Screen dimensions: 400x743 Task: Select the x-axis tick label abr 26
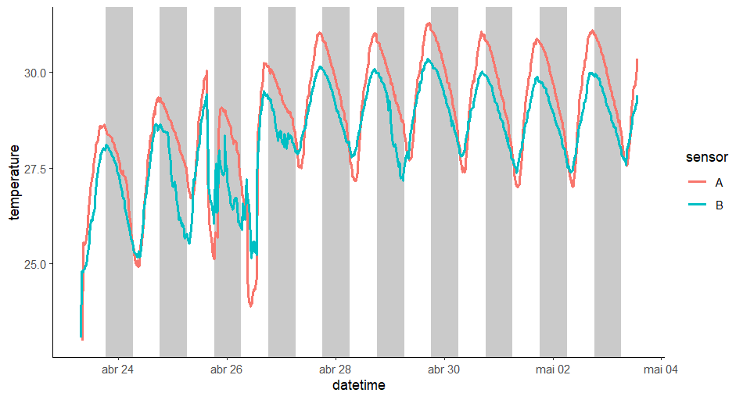coord(226,370)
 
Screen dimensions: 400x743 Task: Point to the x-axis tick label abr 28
coord(335,370)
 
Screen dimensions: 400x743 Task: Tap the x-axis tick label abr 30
coord(443,370)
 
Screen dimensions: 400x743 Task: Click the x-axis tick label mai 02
coord(552,370)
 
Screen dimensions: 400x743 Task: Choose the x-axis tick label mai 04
coord(661,370)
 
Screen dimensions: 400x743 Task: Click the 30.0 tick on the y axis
coord(34,73)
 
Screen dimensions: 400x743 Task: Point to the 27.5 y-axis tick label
coord(34,169)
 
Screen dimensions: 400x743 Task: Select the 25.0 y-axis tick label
coord(34,264)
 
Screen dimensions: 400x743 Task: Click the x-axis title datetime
coord(358,386)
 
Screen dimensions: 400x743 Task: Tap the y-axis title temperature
coord(15,182)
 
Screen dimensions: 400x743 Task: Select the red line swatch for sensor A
coord(696,182)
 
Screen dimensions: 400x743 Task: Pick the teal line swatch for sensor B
coord(696,204)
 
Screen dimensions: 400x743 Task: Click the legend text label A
coord(719,182)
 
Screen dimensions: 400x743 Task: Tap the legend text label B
coord(719,204)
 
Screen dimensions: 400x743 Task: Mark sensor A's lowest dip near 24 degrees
coord(251,305)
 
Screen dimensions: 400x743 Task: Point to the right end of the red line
coord(637,59)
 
